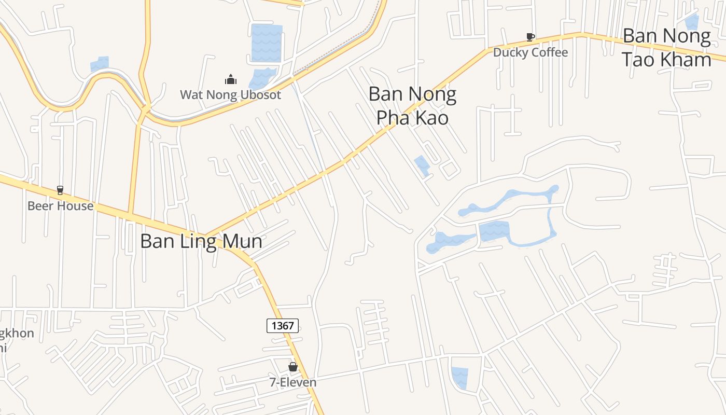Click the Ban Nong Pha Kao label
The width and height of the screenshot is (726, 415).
412,106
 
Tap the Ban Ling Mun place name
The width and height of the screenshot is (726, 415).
201,242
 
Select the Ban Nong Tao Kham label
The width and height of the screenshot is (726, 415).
666,48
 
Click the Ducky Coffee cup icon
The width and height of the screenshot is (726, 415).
530,37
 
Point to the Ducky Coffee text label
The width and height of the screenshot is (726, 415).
530,52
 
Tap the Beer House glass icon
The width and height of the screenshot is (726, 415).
60,190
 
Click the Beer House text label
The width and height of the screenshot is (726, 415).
60,206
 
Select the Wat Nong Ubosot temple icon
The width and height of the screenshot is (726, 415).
230,79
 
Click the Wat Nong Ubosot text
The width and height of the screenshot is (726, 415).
230,95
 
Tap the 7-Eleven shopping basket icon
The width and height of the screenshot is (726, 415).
293,367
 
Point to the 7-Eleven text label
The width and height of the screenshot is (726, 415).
293,383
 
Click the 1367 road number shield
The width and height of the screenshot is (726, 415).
283,326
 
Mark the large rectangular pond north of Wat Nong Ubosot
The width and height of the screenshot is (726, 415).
267,43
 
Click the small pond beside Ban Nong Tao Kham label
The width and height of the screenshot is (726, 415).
692,22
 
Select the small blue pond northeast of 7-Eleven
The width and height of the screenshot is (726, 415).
459,377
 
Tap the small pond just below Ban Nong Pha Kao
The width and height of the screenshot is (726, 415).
422,165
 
